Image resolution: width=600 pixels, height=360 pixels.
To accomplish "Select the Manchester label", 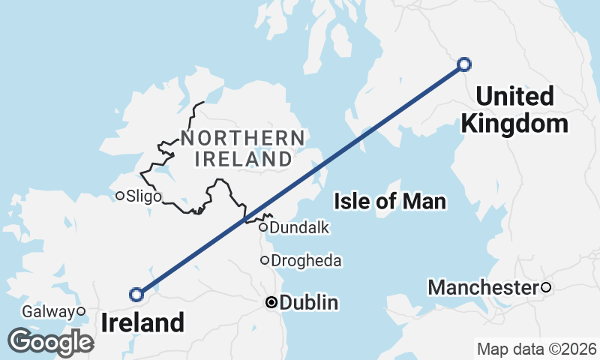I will [x=483, y=287].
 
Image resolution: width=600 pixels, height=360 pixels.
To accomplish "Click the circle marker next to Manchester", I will [x=546, y=287].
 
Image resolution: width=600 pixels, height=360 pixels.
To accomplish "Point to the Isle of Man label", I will [x=390, y=201].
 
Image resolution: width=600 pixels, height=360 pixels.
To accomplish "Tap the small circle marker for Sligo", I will [x=120, y=196].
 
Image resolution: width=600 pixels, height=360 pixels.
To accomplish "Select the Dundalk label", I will [x=300, y=227].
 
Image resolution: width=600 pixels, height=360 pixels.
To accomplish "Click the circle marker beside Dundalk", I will [x=263, y=227].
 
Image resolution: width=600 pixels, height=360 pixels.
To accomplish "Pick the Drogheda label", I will [x=306, y=261].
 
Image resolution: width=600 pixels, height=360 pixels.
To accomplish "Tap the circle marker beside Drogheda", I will [x=264, y=260].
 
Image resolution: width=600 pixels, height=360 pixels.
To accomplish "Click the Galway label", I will [x=48, y=311].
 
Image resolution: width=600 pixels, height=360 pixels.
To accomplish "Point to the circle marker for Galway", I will [x=81, y=311].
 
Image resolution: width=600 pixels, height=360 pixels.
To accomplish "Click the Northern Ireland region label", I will [x=242, y=148].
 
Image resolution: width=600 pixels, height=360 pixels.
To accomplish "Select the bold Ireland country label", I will [x=142, y=323].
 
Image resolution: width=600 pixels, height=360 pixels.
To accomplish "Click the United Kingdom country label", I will [x=514, y=109].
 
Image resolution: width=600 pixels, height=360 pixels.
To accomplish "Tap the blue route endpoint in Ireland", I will [x=136, y=294].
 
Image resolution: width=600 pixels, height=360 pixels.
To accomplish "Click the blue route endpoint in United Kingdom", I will [x=464, y=64].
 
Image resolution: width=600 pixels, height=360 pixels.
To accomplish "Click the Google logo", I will [x=50, y=341].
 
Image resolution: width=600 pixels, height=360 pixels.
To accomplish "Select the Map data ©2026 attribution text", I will [x=536, y=349].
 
